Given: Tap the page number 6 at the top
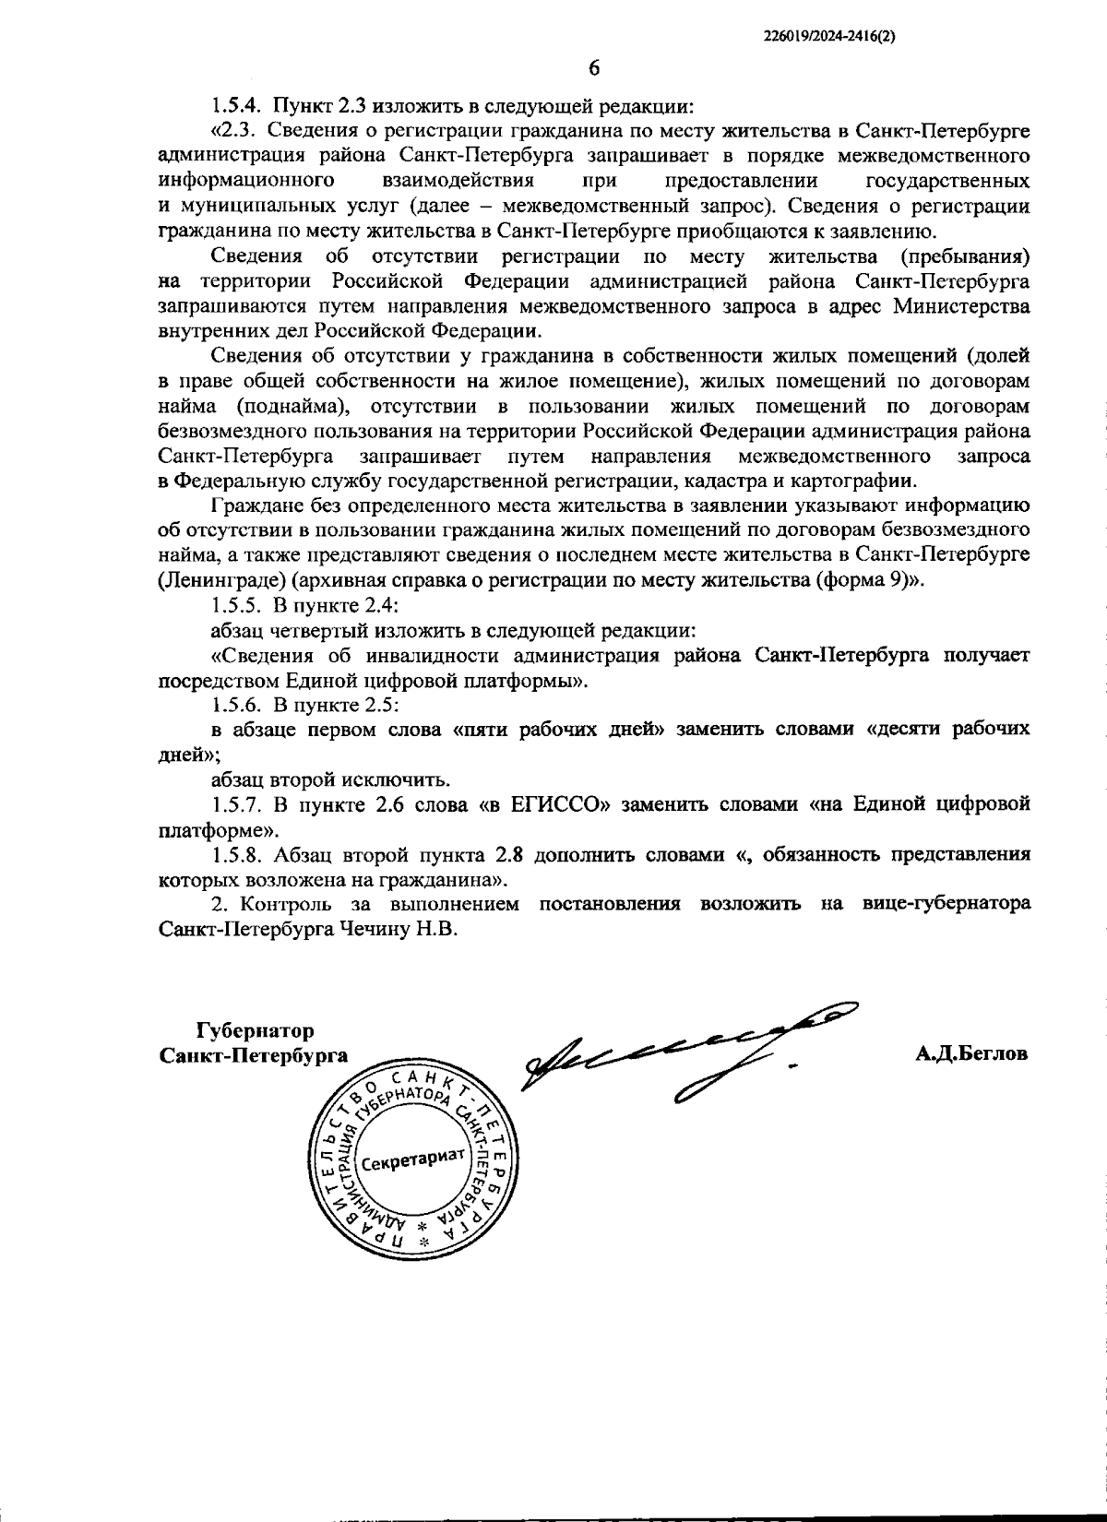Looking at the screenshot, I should [594, 68].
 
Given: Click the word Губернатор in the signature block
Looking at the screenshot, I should [255, 1030].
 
